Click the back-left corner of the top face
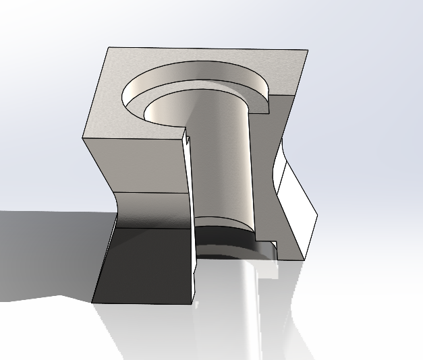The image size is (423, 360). [110, 47]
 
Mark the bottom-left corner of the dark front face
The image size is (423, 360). [92, 301]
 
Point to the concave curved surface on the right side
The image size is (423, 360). [278, 169]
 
